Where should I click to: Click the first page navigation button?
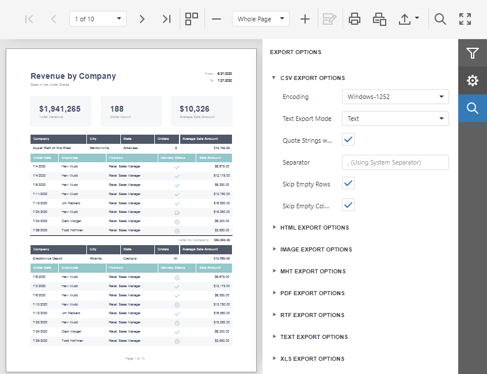click(x=29, y=19)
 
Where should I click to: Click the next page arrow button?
click(x=142, y=19)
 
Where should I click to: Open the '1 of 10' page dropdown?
click(x=98, y=19)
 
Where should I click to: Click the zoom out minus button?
click(x=216, y=19)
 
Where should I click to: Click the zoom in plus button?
click(x=305, y=19)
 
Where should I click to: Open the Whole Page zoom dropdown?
click(x=261, y=19)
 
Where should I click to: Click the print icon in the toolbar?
click(x=355, y=19)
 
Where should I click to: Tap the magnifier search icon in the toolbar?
click(x=440, y=19)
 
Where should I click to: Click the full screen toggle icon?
click(x=465, y=19)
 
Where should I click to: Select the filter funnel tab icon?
click(x=473, y=54)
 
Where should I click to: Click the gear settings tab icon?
click(x=473, y=81)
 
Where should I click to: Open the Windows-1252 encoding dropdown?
click(x=395, y=97)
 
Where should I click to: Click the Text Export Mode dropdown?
click(x=395, y=119)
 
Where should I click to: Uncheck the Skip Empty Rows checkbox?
click(x=348, y=184)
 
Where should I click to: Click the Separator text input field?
click(x=395, y=162)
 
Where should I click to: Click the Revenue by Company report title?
click(x=73, y=76)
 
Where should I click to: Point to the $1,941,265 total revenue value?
click(x=60, y=109)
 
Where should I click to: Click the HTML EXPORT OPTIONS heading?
click(x=314, y=228)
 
